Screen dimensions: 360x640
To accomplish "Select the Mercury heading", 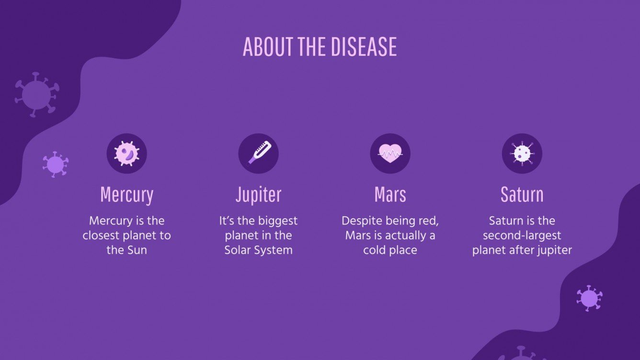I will coord(126,195).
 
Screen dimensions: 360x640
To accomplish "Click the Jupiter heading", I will coord(258,195).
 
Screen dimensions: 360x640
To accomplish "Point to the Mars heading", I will coord(390,195).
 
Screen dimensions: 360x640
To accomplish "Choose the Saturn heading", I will coord(522,195).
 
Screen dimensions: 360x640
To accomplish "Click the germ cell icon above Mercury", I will coord(126,154).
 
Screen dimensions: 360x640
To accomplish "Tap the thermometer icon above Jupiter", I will coord(258,154).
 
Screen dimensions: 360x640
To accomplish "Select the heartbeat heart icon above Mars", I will coord(390,154).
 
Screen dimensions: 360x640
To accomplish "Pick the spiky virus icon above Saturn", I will coord(522,154).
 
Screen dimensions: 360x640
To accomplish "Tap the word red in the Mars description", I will coord(429,221).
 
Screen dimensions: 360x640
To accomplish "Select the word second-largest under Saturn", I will coord(522,236).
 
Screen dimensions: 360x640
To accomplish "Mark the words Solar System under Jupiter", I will coord(258,250).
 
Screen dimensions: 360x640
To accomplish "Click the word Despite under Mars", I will coord(359,221).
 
